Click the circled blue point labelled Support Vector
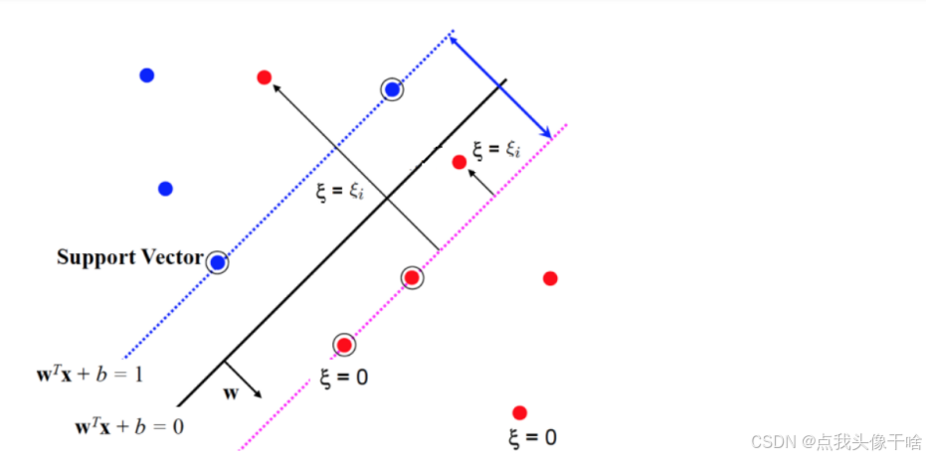pyautogui.click(x=217, y=262)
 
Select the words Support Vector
pyautogui.click(x=129, y=257)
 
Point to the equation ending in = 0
pyautogui.click(x=129, y=426)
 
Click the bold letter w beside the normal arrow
pyautogui.click(x=231, y=392)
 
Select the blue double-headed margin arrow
pyautogui.click(x=500, y=86)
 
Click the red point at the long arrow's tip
pyautogui.click(x=264, y=76)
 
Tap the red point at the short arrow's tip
pyautogui.click(x=459, y=162)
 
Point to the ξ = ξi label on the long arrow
pyautogui.click(x=339, y=192)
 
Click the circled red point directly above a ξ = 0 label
pyautogui.click(x=344, y=345)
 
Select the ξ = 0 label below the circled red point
pyautogui.click(x=344, y=378)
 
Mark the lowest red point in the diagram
pyautogui.click(x=518, y=412)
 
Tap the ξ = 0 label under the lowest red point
pyautogui.click(x=532, y=437)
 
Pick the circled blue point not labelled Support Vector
pyautogui.click(x=393, y=89)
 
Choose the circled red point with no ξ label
pyautogui.click(x=412, y=278)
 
